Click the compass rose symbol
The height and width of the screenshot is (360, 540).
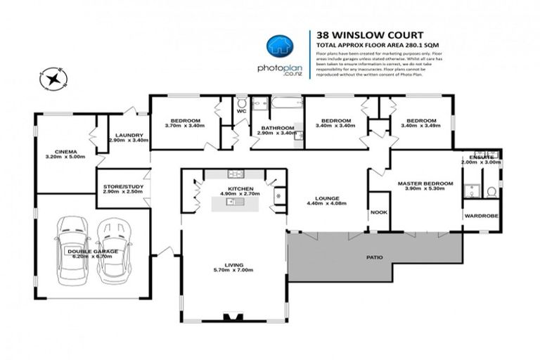pyautogui.click(x=53, y=77)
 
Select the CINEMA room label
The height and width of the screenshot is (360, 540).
pyautogui.click(x=65, y=150)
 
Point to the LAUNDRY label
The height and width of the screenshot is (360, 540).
pyautogui.click(x=130, y=135)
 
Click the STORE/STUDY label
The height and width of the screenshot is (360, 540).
pyautogui.click(x=122, y=186)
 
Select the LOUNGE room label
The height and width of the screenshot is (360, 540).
pyautogui.click(x=328, y=198)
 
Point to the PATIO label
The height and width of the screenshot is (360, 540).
pyautogui.click(x=375, y=257)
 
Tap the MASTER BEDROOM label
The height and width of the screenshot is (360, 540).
pyautogui.click(x=425, y=184)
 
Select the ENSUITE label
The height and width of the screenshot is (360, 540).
pyautogui.click(x=482, y=157)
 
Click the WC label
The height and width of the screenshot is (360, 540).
pyautogui.click(x=240, y=111)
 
